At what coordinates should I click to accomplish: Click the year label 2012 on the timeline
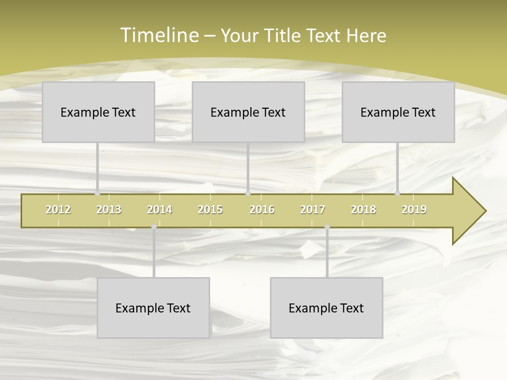pyautogui.click(x=58, y=210)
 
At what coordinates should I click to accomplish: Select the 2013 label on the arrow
pyautogui.click(x=109, y=210)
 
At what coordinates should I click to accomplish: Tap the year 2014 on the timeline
pyautogui.click(x=159, y=210)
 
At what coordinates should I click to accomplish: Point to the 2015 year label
pyautogui.click(x=210, y=210)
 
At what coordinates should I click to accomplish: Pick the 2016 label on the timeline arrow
pyautogui.click(x=262, y=210)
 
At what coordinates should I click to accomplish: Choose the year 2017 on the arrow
pyautogui.click(x=313, y=210)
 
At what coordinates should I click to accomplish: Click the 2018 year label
pyautogui.click(x=363, y=210)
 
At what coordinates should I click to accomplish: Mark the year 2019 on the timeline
pyautogui.click(x=414, y=210)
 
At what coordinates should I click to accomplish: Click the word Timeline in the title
pyautogui.click(x=158, y=35)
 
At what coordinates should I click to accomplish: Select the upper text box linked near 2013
pyautogui.click(x=98, y=112)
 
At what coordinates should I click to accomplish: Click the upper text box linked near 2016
pyautogui.click(x=248, y=112)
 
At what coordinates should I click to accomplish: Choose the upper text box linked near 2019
pyautogui.click(x=398, y=112)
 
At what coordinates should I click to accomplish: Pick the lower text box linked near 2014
pyautogui.click(x=153, y=308)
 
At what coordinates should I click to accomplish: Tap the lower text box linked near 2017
pyautogui.click(x=326, y=308)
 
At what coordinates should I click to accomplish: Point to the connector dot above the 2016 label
pyautogui.click(x=248, y=193)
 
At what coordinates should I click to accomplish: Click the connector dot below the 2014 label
pyautogui.click(x=154, y=227)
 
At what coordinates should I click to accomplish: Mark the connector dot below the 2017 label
pyautogui.click(x=327, y=227)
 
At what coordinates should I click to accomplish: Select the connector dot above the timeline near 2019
pyautogui.click(x=397, y=193)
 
